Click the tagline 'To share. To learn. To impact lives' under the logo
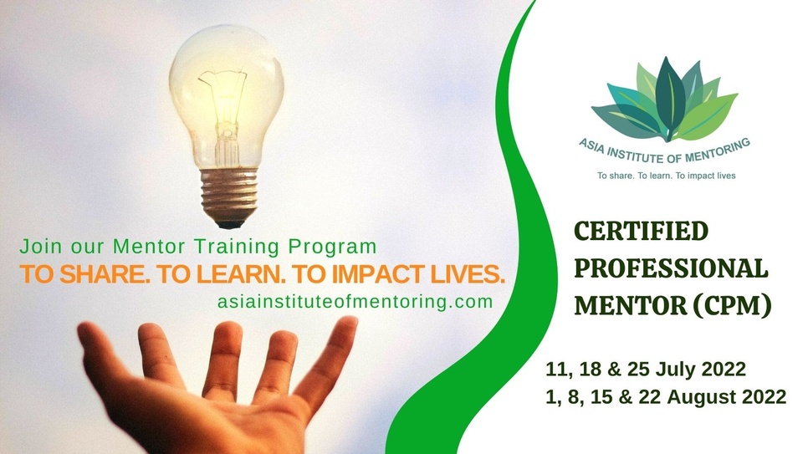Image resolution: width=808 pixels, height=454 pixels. [665, 176]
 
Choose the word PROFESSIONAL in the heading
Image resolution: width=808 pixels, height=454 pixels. [670, 269]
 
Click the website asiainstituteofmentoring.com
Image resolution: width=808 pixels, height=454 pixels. [355, 302]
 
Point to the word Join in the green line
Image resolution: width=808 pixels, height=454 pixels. [37, 247]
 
